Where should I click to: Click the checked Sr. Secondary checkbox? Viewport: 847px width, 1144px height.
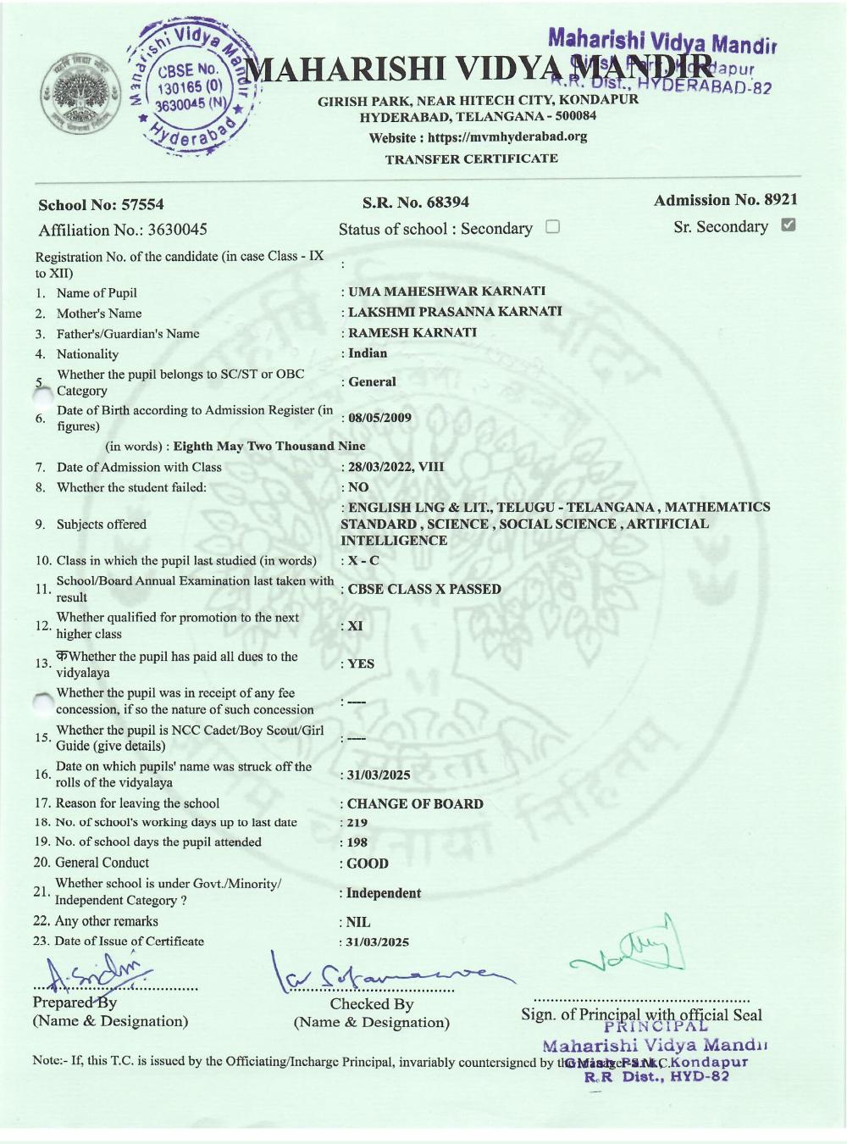[788, 225]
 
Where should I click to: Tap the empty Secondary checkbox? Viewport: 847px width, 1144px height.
[552, 227]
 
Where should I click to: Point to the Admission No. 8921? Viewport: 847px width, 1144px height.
[780, 200]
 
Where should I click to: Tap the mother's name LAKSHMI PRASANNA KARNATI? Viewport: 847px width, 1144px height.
[455, 312]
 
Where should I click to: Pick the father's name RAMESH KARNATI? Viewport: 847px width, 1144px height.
[412, 333]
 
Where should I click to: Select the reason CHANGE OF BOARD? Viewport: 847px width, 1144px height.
[415, 804]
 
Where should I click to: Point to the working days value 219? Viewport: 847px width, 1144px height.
[357, 823]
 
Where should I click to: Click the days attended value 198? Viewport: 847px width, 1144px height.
[357, 843]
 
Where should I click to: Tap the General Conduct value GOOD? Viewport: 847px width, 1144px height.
[368, 864]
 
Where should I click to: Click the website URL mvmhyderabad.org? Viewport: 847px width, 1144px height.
[507, 137]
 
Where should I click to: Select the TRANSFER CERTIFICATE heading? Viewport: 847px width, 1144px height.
[471, 158]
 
